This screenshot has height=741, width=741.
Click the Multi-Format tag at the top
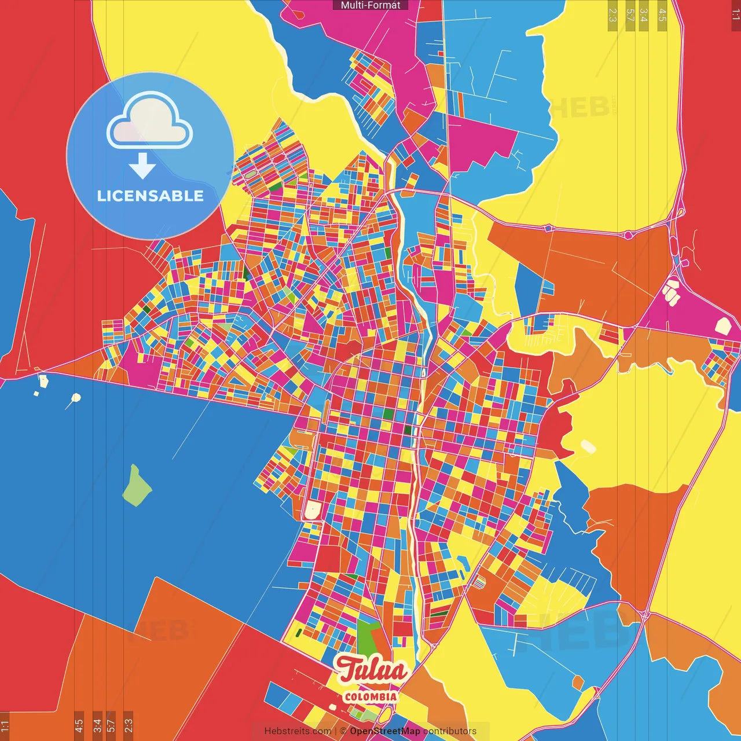pos(370,5)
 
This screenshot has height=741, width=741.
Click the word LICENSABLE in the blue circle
pos(151,196)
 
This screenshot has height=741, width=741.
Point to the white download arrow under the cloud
pos(142,166)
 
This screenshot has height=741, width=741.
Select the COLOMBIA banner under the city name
pos(370,696)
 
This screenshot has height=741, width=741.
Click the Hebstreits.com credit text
pos(298,731)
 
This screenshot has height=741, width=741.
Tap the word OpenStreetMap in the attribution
pos(385,731)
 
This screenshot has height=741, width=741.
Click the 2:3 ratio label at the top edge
pos(612,15)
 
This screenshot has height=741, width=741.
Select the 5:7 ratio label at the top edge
pos(630,15)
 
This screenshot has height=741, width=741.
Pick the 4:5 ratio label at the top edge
pos(662,15)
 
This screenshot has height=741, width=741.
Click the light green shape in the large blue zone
pos(137,485)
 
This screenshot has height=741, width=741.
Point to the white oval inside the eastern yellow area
pos(588,446)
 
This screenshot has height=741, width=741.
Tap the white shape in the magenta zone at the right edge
pos(723,325)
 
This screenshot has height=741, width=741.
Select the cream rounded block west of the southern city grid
pos(313,511)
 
